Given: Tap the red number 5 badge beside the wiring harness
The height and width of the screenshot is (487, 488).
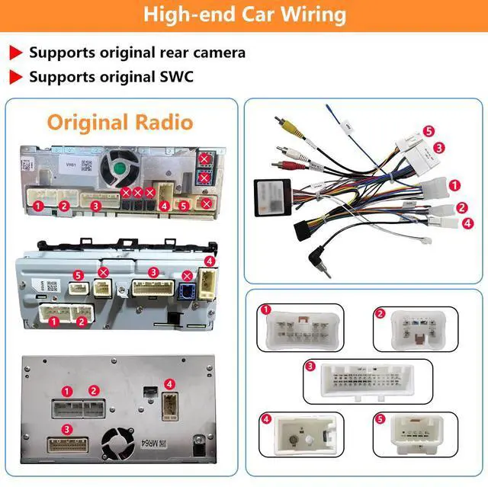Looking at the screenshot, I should click(429, 131).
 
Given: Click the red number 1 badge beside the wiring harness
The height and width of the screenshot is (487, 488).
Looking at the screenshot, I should click(455, 184).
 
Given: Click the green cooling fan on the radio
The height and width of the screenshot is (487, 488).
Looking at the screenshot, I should click(117, 167).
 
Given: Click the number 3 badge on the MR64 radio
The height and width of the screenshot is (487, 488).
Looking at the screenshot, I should click(67, 430).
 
